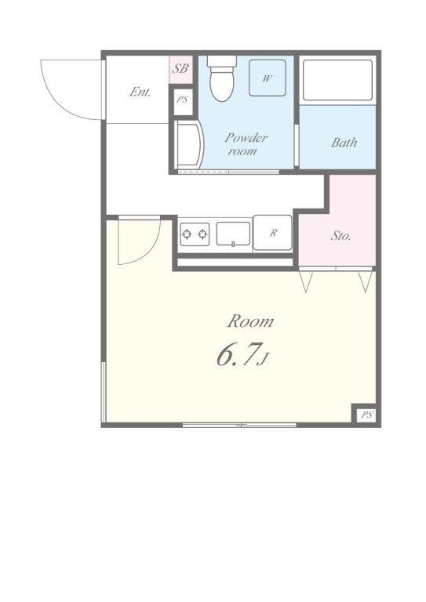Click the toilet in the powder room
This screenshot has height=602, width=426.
click(222, 78)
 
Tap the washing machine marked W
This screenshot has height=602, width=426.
click(268, 78)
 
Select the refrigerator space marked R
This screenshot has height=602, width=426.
click(272, 233)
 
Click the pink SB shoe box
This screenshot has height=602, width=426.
click(180, 69)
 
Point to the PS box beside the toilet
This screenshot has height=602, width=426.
click(183, 100)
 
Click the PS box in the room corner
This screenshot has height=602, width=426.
click(367, 415)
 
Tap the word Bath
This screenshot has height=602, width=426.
click(344, 143)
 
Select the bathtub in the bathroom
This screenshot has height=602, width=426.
click(337, 80)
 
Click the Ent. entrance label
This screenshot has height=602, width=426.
click(140, 92)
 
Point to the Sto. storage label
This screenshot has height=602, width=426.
click(340, 235)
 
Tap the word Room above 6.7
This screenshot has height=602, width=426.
click(250, 321)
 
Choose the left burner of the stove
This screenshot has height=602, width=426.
click(187, 234)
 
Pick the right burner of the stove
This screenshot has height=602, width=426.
click(202, 234)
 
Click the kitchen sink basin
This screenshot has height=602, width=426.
click(233, 234)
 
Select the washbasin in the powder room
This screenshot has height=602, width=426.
click(188, 144)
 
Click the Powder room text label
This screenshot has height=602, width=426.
click(246, 144)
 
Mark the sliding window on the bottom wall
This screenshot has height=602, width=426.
click(239, 425)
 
